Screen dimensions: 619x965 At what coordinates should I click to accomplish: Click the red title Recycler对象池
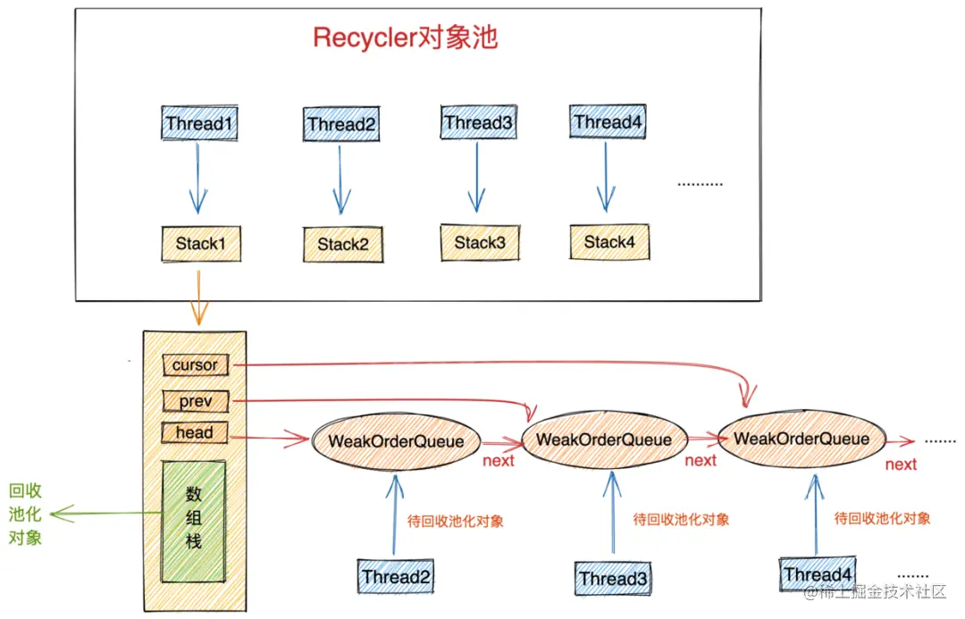405,38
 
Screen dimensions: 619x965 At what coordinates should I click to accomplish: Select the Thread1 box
201,123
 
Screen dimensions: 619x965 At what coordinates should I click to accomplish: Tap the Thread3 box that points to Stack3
479,121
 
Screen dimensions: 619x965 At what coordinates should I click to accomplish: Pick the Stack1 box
201,244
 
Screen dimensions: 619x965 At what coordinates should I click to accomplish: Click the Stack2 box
343,244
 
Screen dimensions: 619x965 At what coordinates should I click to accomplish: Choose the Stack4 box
608,242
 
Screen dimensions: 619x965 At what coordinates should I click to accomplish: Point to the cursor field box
195,364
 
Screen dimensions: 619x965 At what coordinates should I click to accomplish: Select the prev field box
195,401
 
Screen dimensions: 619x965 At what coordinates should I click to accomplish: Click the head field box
194,433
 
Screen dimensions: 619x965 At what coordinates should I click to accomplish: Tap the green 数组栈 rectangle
193,517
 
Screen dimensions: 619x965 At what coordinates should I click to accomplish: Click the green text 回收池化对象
25,514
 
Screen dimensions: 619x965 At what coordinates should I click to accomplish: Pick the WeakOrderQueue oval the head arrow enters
396,441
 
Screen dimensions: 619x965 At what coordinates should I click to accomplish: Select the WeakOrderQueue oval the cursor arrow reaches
801,439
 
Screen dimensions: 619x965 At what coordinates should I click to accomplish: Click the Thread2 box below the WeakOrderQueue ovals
396,577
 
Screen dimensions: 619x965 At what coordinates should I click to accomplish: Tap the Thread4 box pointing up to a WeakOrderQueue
818,574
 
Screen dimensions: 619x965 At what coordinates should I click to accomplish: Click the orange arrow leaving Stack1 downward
198,297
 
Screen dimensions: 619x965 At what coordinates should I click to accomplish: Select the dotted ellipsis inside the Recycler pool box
700,184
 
